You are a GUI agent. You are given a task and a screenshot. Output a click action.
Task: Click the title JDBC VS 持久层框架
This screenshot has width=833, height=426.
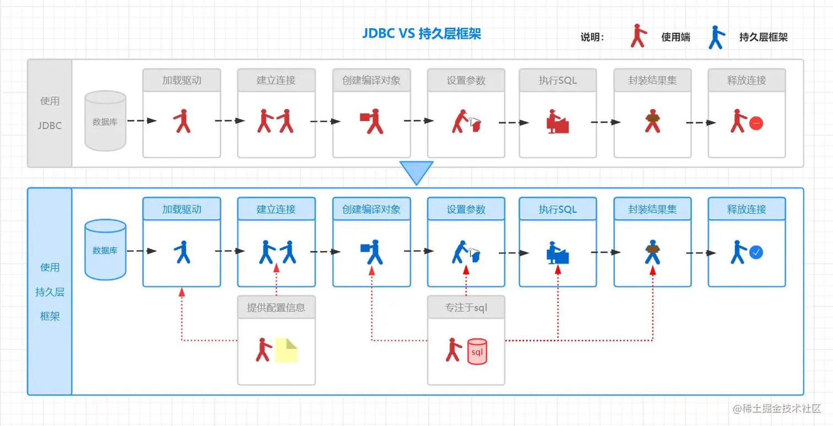tap(421, 34)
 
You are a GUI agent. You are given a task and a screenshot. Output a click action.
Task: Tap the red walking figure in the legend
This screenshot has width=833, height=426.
tap(639, 36)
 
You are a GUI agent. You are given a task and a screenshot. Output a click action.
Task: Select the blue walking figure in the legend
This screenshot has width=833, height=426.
tap(717, 37)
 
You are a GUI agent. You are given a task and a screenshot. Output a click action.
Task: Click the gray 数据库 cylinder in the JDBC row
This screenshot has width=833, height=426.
tap(105, 121)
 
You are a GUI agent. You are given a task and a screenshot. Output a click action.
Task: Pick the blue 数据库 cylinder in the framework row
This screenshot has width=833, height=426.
tap(105, 250)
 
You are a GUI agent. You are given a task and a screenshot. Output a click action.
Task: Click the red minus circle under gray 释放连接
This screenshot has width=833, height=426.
tap(756, 123)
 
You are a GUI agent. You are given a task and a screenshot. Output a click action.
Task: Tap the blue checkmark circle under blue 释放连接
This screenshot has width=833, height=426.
tap(756, 252)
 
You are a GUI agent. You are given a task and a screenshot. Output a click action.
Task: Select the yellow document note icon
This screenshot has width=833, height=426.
tap(286, 350)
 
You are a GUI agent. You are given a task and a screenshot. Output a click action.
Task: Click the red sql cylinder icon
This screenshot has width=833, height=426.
tap(477, 351)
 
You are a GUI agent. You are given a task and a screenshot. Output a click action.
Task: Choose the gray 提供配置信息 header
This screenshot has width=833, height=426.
tap(277, 308)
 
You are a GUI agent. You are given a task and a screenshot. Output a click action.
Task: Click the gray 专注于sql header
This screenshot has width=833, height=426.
tap(466, 308)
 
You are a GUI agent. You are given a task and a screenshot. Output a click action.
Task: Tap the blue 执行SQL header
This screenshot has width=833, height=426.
tap(558, 209)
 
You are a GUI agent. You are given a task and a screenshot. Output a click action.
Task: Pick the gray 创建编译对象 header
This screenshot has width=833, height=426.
tap(371, 80)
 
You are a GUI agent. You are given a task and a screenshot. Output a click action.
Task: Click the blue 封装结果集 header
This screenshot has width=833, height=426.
tap(653, 209)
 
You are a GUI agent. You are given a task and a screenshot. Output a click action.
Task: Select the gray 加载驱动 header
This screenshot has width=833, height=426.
tap(182, 80)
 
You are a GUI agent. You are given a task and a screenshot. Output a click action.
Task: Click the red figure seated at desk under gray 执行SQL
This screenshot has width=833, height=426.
tap(558, 121)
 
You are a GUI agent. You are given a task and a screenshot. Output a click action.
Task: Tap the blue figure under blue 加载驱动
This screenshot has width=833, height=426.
tap(182, 252)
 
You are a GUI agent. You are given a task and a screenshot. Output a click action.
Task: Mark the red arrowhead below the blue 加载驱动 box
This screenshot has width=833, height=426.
tap(182, 293)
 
